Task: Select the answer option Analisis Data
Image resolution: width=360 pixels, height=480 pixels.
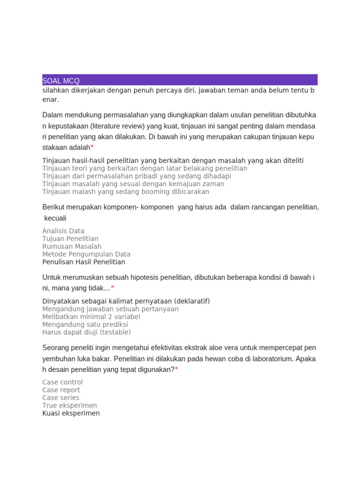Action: (63, 231)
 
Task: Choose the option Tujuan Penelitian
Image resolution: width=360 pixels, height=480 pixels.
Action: (70, 239)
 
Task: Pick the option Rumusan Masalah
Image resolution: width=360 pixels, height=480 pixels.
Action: (72, 246)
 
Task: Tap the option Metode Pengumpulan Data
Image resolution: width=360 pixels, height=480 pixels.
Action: (86, 254)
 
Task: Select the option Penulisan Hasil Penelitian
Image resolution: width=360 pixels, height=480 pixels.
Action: (83, 262)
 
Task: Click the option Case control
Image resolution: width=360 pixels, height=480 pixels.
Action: (62, 382)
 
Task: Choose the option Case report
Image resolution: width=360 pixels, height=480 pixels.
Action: (61, 390)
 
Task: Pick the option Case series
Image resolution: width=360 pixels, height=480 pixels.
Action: (60, 397)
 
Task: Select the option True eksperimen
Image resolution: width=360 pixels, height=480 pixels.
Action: (69, 405)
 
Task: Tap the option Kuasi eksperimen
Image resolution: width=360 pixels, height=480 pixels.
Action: (71, 413)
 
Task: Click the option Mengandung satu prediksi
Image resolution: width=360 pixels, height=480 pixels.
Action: (85, 324)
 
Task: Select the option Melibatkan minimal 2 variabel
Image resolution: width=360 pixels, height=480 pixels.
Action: (91, 316)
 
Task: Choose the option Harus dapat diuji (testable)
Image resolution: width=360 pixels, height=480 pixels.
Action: (86, 332)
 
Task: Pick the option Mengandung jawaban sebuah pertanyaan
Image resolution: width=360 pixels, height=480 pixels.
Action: (110, 309)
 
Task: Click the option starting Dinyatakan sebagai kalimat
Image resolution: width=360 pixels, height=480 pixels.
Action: (126, 301)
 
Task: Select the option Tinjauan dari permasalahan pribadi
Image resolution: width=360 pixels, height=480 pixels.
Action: (136, 176)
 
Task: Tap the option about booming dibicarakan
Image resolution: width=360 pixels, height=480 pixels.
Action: (126, 192)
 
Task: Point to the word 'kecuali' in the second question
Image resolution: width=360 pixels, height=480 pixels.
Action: (55, 218)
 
